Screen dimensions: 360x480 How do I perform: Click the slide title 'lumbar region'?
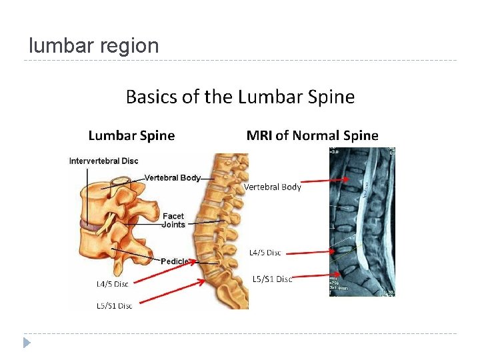pos(94,46)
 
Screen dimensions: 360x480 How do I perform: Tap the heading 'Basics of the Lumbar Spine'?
pos(240,97)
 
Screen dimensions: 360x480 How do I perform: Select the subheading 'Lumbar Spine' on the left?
pos(131,136)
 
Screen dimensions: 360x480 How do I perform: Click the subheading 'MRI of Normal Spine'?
pos(312,136)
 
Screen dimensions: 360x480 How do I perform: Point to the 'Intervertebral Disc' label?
pos(103,161)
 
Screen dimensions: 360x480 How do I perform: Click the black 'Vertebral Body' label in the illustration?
pos(173,178)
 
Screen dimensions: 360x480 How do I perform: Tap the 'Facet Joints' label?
pos(173,221)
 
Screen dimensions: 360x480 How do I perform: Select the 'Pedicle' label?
pos(175,261)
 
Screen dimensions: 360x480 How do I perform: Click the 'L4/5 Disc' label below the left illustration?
pos(112,284)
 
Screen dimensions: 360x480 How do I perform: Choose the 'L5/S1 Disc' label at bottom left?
pos(115,306)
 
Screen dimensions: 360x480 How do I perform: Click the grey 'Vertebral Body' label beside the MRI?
pos(273,187)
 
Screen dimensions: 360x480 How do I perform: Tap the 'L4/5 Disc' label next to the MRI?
pos(265,253)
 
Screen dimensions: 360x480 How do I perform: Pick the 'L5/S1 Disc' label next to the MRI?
pos(272,279)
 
